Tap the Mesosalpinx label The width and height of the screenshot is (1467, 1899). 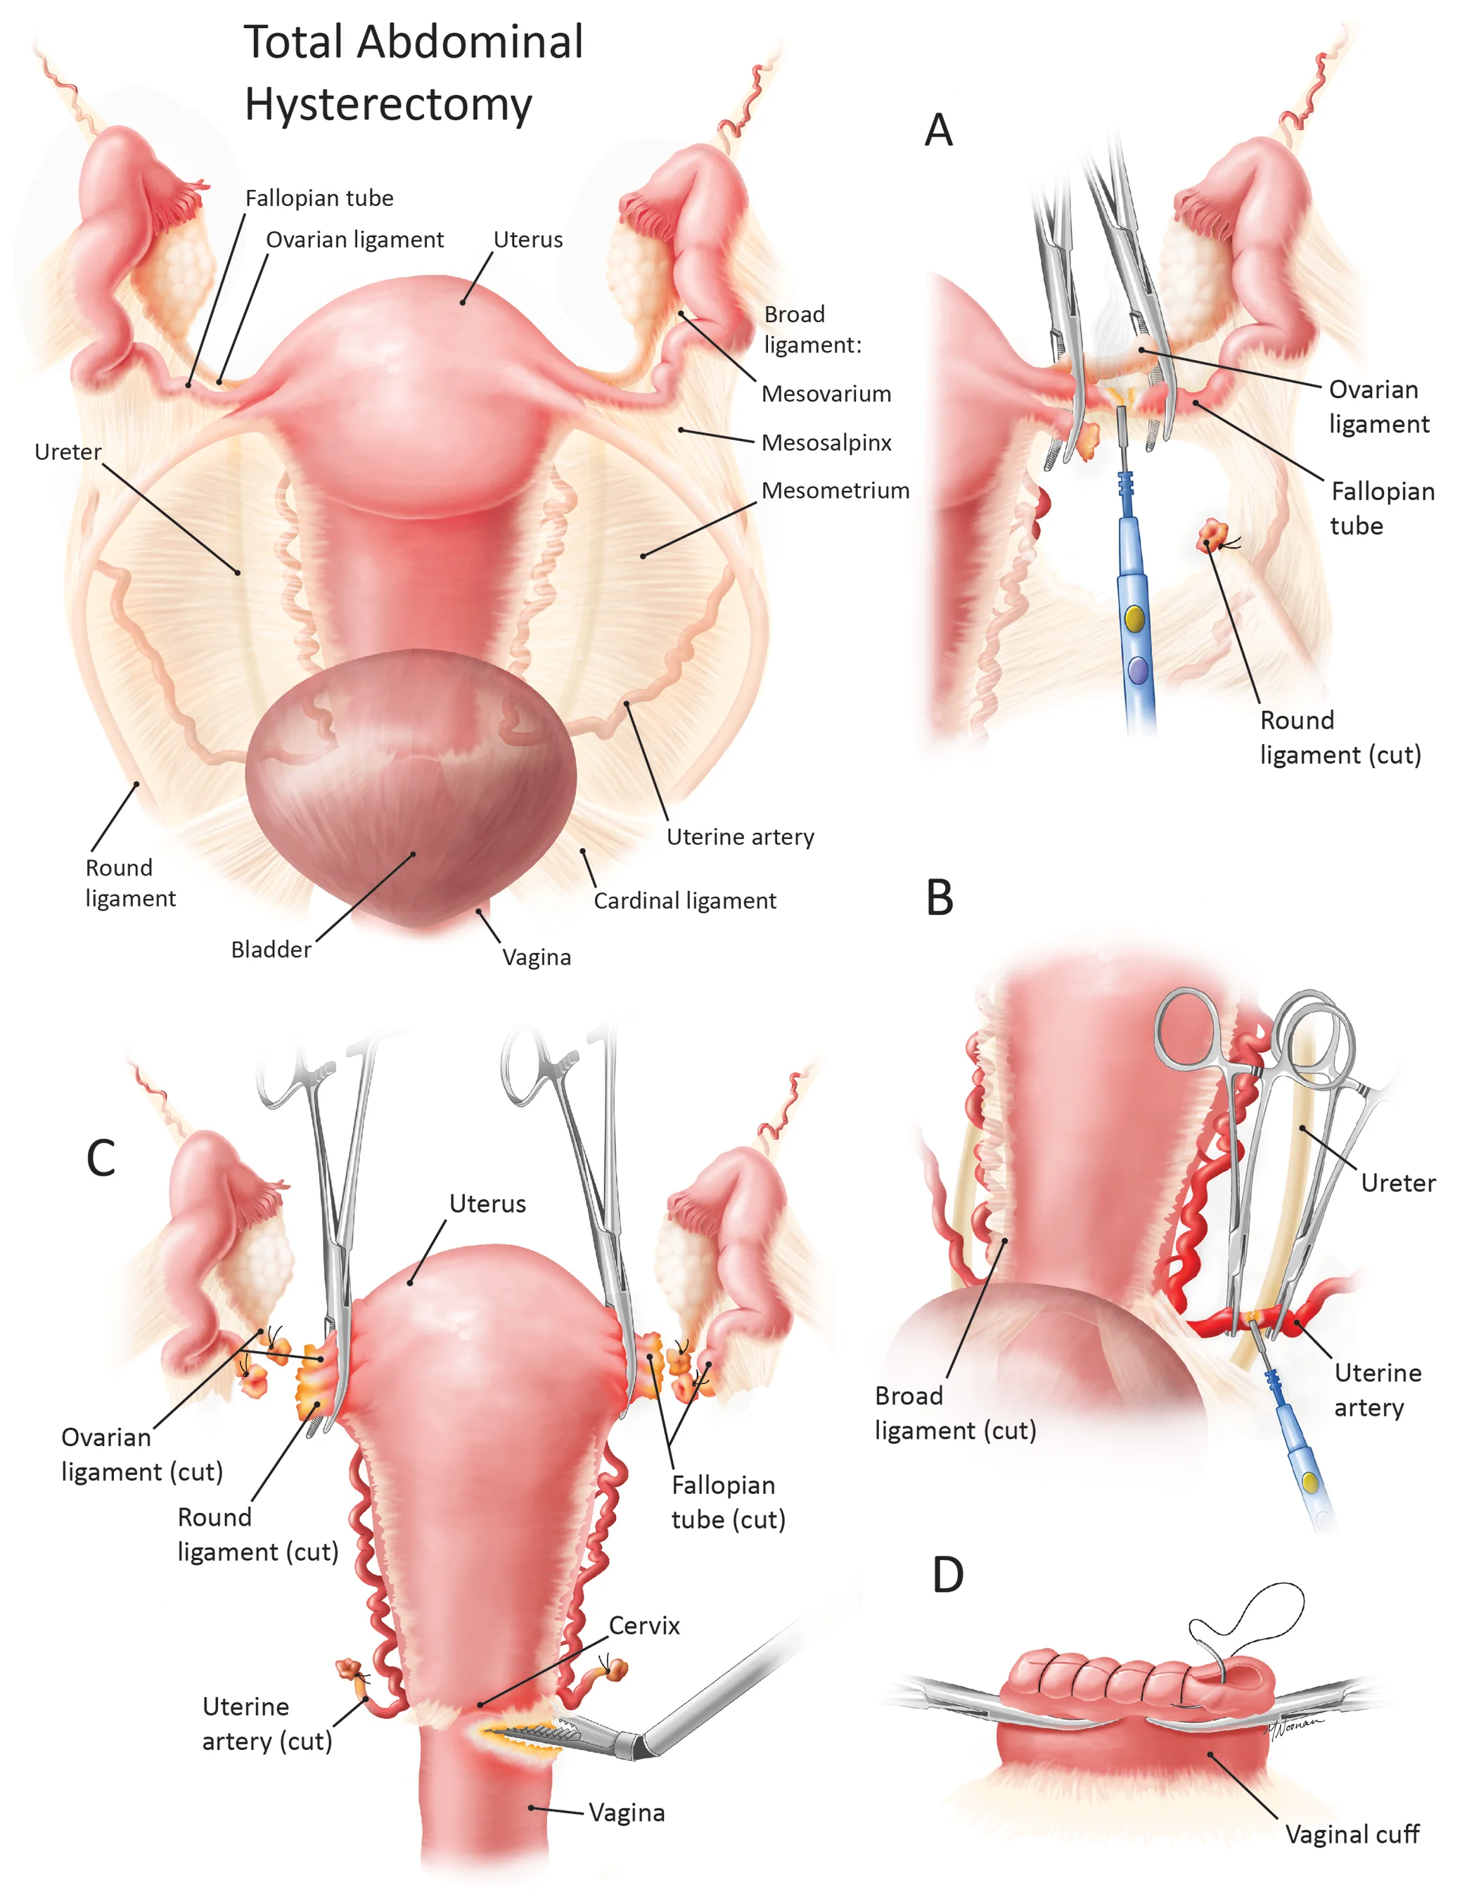(x=826, y=442)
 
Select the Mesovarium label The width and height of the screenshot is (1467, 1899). (x=826, y=394)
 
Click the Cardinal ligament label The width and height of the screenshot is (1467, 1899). (x=684, y=901)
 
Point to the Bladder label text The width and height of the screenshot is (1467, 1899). (x=271, y=949)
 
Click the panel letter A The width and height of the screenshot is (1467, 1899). (x=938, y=132)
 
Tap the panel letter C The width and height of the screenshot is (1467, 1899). (x=101, y=1158)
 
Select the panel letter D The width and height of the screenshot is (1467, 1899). (x=947, y=1575)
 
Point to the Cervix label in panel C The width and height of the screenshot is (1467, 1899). (x=643, y=1625)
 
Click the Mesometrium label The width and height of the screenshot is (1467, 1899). (x=835, y=490)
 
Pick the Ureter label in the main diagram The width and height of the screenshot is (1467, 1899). (x=68, y=452)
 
